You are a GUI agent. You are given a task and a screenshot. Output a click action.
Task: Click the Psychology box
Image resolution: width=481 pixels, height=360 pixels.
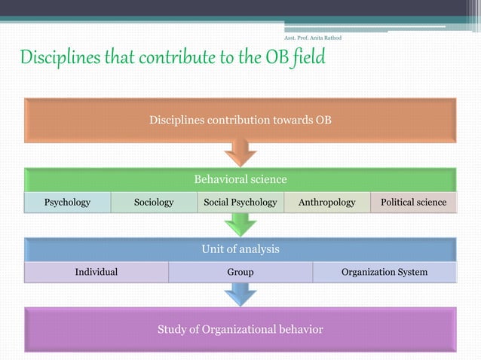point(67,203)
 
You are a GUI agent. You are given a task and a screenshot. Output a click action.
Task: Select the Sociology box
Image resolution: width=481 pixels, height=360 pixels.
point(154,203)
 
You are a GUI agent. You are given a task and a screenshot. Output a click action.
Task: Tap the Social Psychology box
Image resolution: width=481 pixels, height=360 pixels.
point(240,203)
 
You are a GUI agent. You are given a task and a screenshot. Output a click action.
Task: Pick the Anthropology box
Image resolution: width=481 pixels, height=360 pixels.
point(326,203)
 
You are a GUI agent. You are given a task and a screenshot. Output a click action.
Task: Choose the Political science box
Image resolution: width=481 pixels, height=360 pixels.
point(413,203)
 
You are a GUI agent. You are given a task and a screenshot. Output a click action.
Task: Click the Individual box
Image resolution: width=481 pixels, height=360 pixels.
point(96,272)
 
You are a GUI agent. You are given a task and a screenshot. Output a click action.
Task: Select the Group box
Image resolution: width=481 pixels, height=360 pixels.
point(240,272)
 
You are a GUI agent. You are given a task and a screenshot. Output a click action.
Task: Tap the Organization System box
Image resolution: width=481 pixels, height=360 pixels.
point(384,272)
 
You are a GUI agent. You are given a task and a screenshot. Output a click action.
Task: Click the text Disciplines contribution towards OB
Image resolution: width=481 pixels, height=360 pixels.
point(240,120)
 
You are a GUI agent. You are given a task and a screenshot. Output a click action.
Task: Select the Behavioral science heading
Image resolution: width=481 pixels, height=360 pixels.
point(240,179)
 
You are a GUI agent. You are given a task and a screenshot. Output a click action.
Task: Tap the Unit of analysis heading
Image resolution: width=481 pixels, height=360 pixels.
point(240,249)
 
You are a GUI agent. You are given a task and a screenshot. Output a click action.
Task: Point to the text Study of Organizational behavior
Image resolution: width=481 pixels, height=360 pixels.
point(240,329)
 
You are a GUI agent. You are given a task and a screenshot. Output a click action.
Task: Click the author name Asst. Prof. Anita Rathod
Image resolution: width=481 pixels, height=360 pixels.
point(311,38)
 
